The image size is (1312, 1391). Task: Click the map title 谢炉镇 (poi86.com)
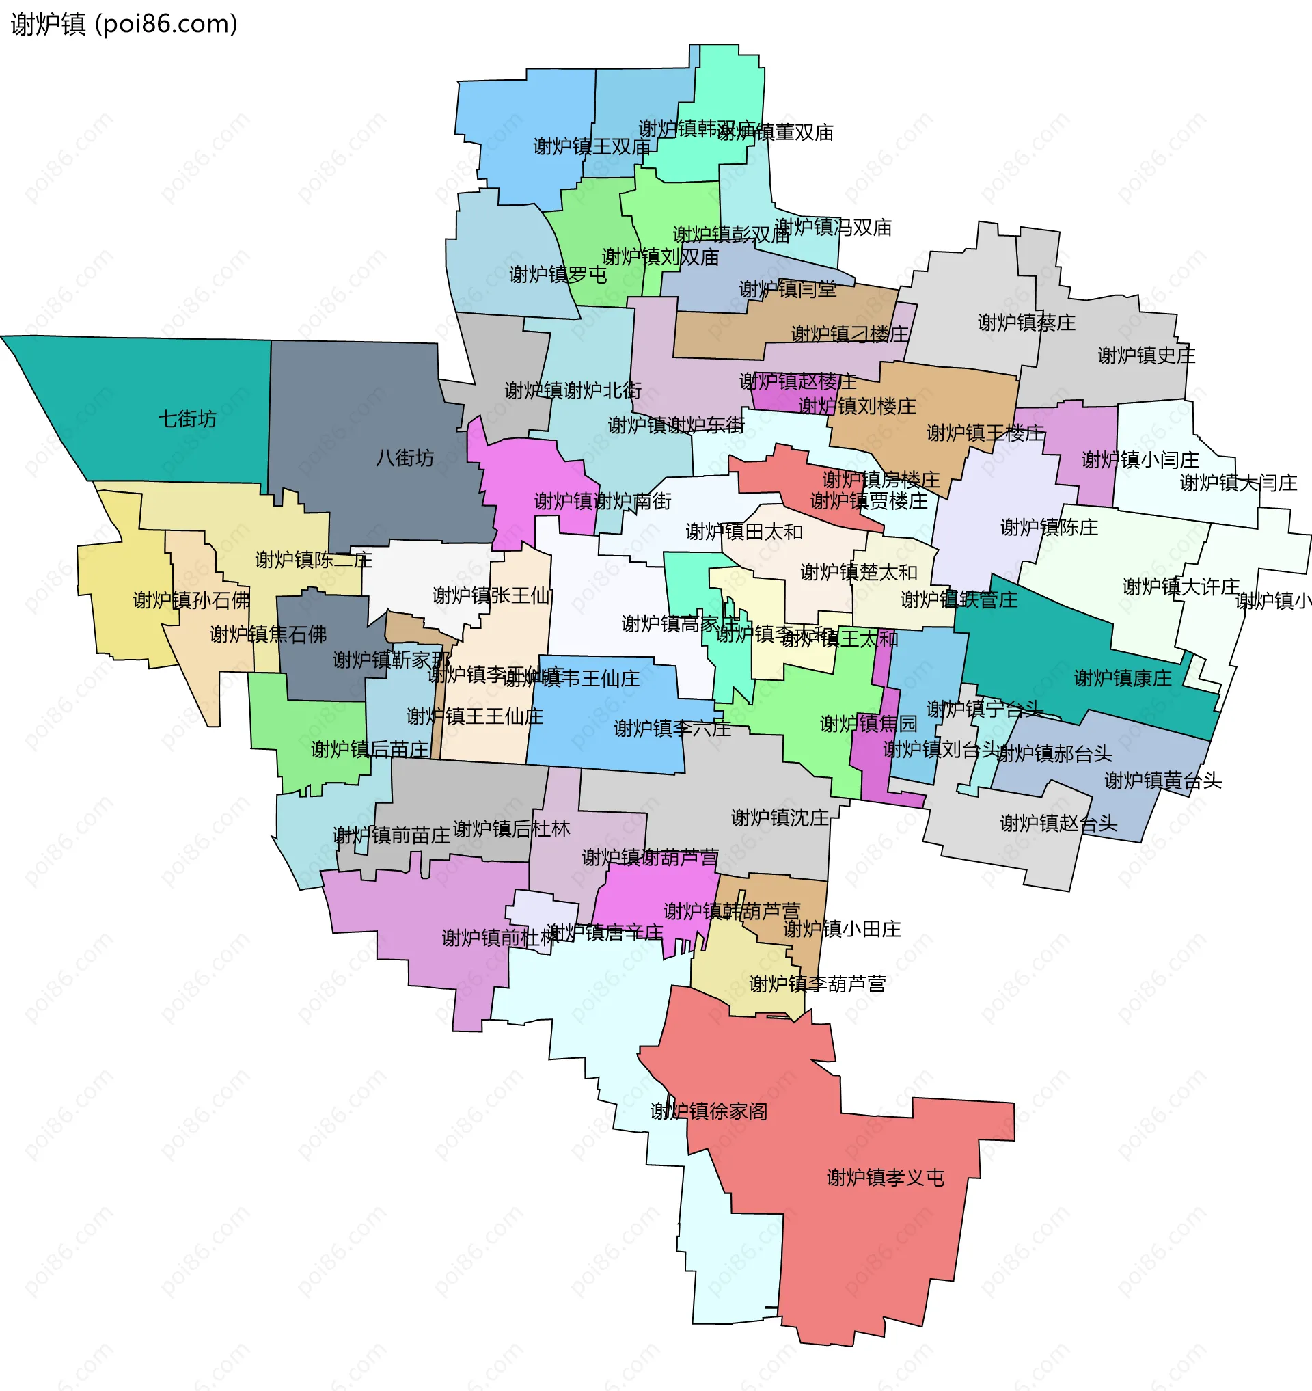[124, 25]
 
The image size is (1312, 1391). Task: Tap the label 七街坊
[187, 419]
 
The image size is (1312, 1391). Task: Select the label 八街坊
[405, 458]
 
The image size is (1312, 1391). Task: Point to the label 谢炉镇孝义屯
[886, 1178]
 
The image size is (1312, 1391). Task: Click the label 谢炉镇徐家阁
[709, 1111]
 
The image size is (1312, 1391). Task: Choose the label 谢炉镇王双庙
[592, 147]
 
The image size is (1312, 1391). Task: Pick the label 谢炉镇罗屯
[558, 275]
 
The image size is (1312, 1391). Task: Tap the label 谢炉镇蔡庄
[1026, 323]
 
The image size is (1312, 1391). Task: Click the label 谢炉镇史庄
[1146, 355]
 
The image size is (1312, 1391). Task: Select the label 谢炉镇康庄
[1123, 678]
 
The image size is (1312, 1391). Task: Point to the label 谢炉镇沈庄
[780, 818]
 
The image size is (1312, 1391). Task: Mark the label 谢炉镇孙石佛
[191, 600]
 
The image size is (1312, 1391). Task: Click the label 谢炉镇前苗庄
[392, 835]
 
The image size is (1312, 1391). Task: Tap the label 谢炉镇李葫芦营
[817, 984]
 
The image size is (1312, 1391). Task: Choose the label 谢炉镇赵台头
[1059, 824]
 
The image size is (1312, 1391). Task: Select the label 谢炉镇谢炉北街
[573, 390]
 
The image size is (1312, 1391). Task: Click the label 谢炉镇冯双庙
[834, 228]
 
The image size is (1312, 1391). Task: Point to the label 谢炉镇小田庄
[842, 929]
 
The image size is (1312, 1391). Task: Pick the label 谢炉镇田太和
[744, 532]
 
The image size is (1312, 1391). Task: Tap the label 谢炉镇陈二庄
[314, 560]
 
